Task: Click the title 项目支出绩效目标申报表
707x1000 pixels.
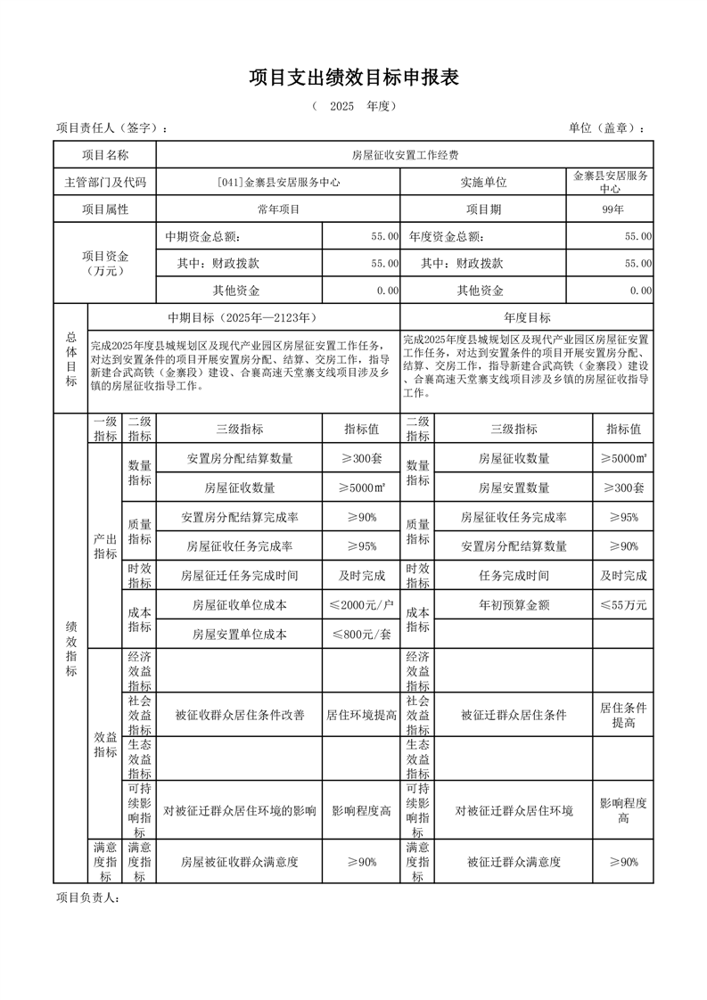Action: (353, 78)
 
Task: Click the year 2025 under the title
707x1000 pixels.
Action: (341, 106)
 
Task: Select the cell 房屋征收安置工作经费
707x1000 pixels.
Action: (405, 155)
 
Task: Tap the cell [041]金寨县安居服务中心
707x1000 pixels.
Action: (278, 183)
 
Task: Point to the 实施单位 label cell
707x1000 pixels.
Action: (483, 183)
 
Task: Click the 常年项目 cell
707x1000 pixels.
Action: (278, 209)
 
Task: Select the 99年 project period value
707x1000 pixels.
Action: (612, 209)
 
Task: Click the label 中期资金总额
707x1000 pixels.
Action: (202, 237)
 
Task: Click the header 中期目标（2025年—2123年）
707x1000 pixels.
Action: (243, 318)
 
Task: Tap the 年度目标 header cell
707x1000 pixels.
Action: (527, 318)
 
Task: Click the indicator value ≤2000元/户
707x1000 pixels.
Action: (361, 605)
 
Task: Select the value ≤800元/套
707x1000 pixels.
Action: (361, 635)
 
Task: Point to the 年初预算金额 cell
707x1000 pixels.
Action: (514, 605)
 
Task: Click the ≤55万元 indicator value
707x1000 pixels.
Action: (623, 605)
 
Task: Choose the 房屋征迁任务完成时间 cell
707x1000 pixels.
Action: (239, 576)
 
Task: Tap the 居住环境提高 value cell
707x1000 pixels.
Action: (361, 715)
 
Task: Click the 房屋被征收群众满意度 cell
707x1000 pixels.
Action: (239, 862)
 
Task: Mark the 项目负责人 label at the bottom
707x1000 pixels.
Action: (87, 898)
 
